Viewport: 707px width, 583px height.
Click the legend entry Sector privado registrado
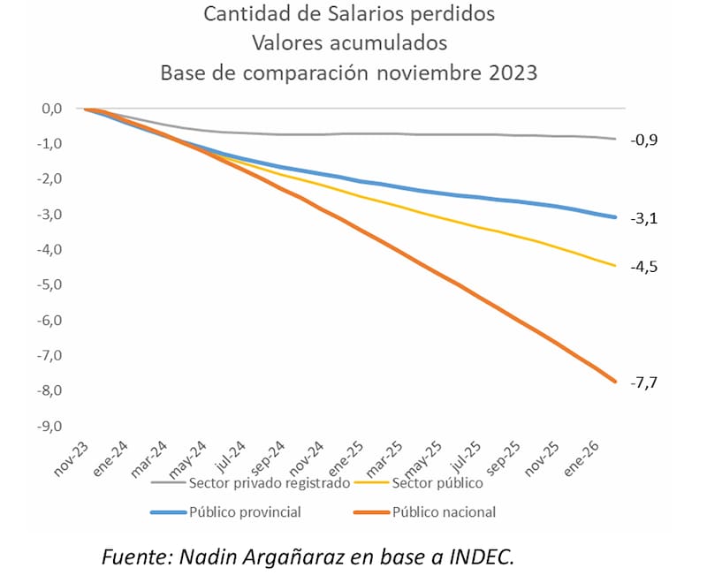point(269,482)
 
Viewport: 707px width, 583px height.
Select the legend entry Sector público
point(438,482)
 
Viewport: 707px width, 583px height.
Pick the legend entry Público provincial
point(245,511)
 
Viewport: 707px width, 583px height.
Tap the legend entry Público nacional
point(444,511)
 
